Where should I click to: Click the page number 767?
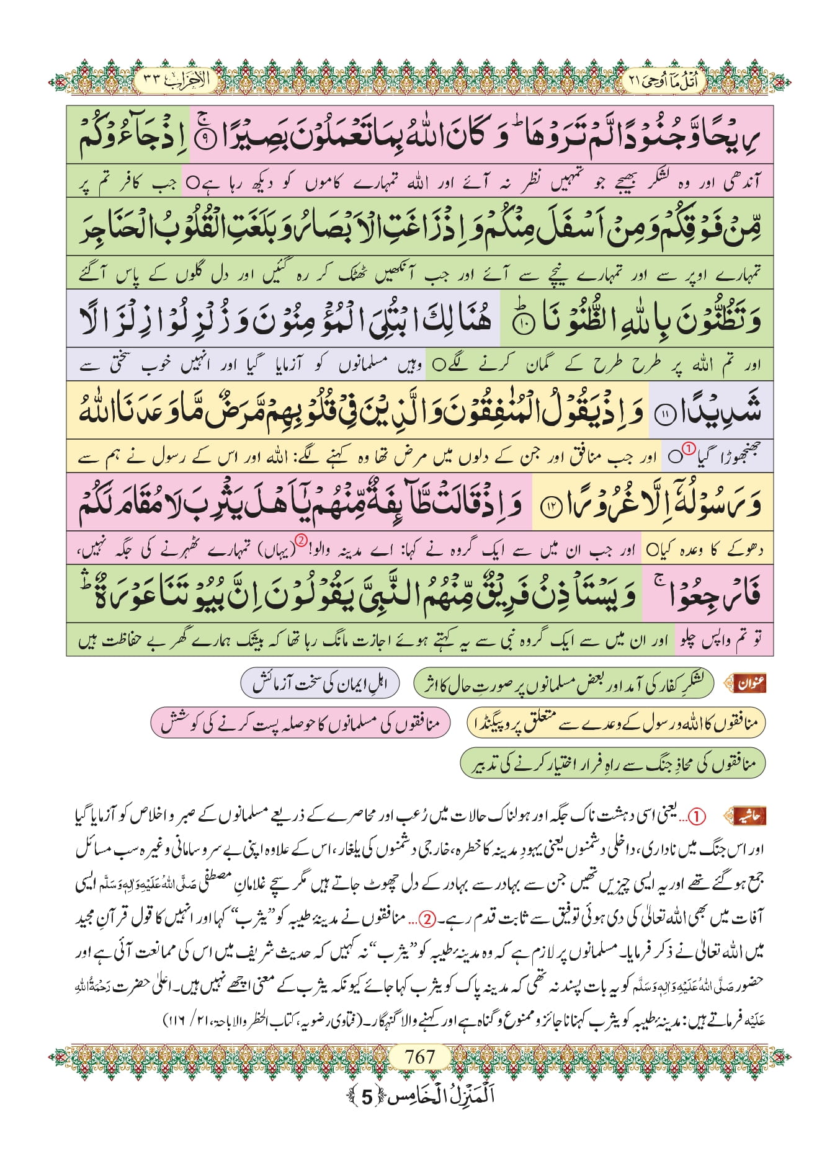419,1056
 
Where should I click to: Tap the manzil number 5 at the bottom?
367,1097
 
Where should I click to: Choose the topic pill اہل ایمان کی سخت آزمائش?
319,683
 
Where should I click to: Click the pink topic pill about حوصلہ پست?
300,723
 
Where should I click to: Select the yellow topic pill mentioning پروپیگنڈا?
615,723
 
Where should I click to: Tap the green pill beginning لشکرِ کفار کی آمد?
563,683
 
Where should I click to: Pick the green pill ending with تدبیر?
612,763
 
